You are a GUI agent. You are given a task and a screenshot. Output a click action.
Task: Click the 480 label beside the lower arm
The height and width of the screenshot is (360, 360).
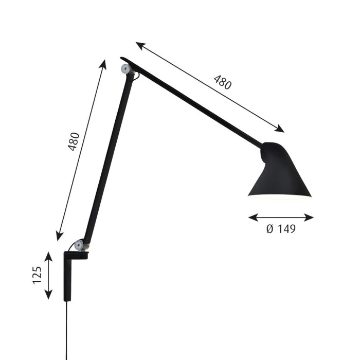point(74,141)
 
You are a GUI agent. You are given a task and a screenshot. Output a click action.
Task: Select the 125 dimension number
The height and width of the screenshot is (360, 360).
point(37,276)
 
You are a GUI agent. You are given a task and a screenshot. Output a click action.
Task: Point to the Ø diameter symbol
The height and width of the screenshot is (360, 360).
point(270,229)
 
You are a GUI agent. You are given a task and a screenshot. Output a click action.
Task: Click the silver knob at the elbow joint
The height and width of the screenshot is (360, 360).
point(125,69)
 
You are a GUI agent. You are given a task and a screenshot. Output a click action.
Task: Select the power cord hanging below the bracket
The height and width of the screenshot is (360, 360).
point(67,329)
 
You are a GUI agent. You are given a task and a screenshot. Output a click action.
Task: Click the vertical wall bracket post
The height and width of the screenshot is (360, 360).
point(67,278)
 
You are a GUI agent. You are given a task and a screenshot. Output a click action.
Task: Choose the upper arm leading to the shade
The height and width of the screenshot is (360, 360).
point(195,103)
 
